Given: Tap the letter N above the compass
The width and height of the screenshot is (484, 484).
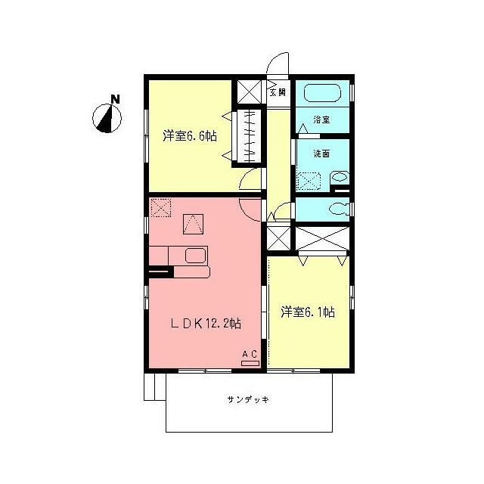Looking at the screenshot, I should [114, 98].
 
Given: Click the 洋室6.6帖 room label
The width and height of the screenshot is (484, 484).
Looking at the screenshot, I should [190, 137].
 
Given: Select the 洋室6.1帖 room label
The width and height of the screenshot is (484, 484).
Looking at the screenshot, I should [308, 311].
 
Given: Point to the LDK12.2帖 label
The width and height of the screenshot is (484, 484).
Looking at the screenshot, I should [205, 324].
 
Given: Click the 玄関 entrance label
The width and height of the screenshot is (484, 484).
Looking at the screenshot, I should [278, 92].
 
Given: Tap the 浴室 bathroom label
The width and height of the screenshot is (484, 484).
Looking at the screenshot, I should [322, 119].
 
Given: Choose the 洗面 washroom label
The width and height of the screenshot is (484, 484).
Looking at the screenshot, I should [322, 154].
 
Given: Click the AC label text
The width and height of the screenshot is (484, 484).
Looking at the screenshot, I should [249, 354].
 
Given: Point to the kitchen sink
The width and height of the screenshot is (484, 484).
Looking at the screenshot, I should [195, 255].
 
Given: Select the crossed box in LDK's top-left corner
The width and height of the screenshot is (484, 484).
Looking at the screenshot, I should [161, 206].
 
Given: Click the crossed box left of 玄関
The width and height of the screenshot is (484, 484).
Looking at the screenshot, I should [250, 92].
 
